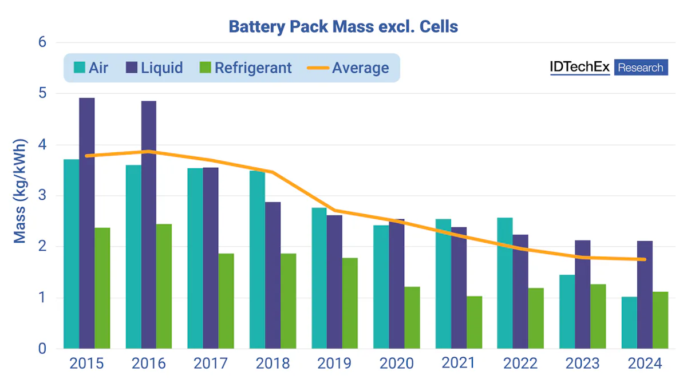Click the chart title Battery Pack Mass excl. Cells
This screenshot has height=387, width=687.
343,26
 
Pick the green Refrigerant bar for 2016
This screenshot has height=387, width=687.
164,286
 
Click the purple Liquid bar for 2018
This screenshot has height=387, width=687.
273,275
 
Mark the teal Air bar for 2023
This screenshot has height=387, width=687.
567,311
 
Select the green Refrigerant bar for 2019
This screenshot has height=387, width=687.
350,303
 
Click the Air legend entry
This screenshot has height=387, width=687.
92,68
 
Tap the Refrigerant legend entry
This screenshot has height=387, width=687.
246,68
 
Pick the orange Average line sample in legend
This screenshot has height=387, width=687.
318,68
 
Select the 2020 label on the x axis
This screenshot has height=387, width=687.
396,364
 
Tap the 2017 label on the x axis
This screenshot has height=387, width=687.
210,364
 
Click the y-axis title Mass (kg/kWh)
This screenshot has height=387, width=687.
21,191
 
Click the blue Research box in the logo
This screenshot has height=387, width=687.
641,68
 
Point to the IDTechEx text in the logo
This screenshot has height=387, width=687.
579,67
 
